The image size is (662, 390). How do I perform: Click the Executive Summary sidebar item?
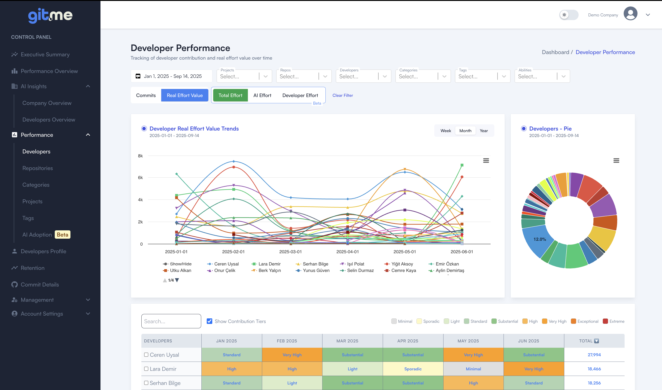pyautogui.click(x=45, y=54)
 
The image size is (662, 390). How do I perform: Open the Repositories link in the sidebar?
pyautogui.click(x=38, y=168)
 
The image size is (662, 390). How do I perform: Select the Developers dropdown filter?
pyautogui.click(x=358, y=76)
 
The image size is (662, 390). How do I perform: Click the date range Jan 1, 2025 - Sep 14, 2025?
pyautogui.click(x=172, y=76)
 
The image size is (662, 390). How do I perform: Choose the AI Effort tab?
pyautogui.click(x=262, y=95)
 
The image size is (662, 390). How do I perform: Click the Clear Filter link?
pyautogui.click(x=342, y=95)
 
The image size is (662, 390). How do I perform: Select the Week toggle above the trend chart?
pyautogui.click(x=446, y=131)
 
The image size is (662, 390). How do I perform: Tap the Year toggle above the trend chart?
pyautogui.click(x=483, y=131)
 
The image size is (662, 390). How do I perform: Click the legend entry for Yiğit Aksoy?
pyautogui.click(x=402, y=264)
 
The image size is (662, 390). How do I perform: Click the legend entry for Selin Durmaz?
pyautogui.click(x=360, y=270)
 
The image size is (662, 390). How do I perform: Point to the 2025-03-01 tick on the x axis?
pyautogui.click(x=290, y=252)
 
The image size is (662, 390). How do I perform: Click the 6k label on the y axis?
pyautogui.click(x=140, y=178)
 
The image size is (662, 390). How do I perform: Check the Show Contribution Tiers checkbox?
pyautogui.click(x=209, y=321)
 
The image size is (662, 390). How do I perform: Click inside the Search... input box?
pyautogui.click(x=171, y=321)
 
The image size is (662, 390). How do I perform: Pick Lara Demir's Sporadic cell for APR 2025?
pyautogui.click(x=413, y=369)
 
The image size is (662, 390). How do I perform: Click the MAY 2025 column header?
pyautogui.click(x=468, y=341)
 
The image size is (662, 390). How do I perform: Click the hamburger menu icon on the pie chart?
pyautogui.click(x=616, y=161)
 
